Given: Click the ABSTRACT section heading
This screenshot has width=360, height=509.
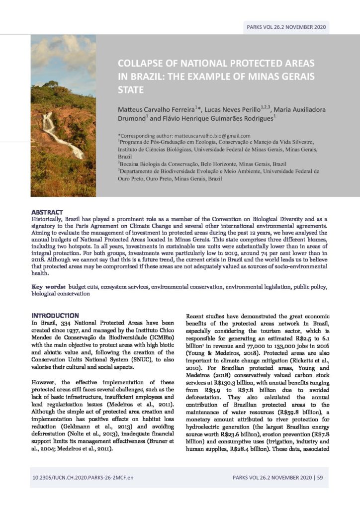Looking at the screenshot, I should point(47,212).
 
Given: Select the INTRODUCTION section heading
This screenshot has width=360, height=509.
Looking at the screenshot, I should point(55,315).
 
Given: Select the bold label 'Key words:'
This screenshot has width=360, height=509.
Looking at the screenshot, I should point(48,287).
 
